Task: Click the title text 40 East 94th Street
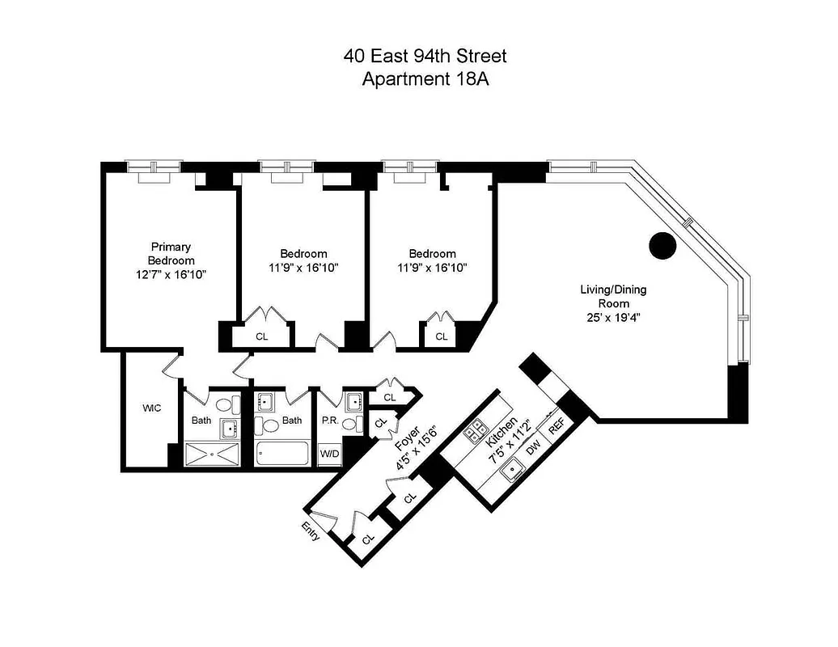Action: [425, 57]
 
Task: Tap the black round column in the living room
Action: [662, 245]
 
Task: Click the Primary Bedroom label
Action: [171, 253]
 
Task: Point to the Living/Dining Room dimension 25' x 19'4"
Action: [613, 317]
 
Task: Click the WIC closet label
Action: [151, 408]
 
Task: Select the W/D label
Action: [330, 454]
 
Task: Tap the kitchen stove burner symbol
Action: [473, 429]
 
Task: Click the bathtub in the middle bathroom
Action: [282, 453]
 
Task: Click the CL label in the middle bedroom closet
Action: [261, 336]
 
